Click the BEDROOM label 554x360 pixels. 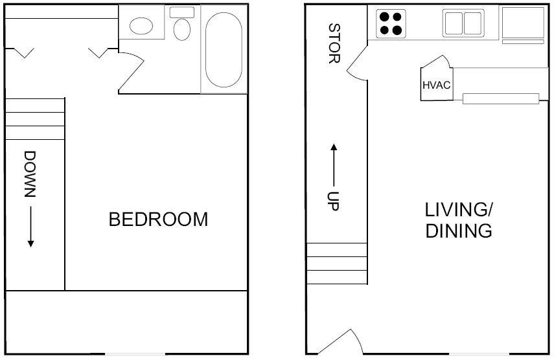click(x=158, y=219)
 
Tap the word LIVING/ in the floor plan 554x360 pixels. click(x=459, y=210)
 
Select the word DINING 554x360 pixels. click(x=459, y=231)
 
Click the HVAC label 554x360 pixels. click(x=436, y=85)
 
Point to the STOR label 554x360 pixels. click(x=334, y=43)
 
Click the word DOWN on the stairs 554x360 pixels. click(x=30, y=174)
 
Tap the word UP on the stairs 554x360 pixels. click(x=333, y=201)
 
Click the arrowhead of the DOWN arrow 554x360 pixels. click(x=30, y=243)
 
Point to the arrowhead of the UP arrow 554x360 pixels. click(x=334, y=148)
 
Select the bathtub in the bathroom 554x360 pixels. click(x=224, y=50)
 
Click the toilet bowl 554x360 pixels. click(x=182, y=29)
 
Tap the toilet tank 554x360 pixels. click(x=182, y=12)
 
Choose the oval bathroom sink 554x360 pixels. click(x=141, y=26)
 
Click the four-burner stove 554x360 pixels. click(x=391, y=24)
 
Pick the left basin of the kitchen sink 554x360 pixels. click(x=454, y=23)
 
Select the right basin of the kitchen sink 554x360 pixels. click(x=473, y=23)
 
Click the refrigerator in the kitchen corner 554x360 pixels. click(x=523, y=23)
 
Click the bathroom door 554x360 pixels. click(x=132, y=73)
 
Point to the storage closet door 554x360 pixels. click(x=356, y=63)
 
